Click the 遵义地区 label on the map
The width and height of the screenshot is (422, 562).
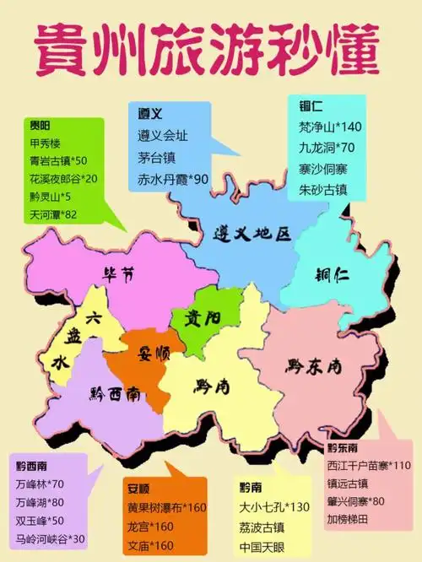(x=252, y=233)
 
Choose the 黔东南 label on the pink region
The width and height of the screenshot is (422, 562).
(x=312, y=366)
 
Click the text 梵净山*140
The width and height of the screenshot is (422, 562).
(x=330, y=127)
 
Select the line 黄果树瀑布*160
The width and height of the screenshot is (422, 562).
(x=166, y=508)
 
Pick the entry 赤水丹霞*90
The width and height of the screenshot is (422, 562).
(x=173, y=179)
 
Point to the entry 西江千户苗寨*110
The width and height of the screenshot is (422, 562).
(x=368, y=465)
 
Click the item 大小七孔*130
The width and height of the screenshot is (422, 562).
(x=273, y=507)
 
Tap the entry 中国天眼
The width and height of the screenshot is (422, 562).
(x=261, y=546)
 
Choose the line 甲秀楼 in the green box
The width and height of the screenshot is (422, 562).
(x=46, y=141)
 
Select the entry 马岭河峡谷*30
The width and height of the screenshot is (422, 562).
(x=52, y=538)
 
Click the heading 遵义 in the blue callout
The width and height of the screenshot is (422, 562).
(x=149, y=113)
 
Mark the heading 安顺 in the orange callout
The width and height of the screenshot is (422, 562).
(x=139, y=488)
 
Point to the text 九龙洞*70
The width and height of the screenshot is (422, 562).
(x=326, y=148)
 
